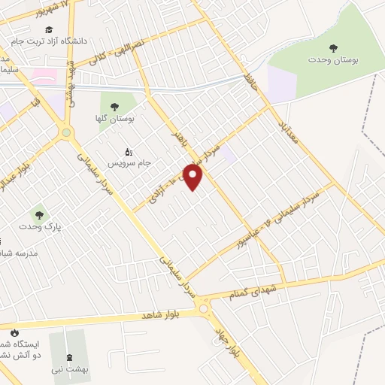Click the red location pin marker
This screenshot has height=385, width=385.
click(193, 177)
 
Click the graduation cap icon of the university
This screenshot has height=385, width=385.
click(49, 29)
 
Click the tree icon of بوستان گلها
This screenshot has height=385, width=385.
click(114, 108)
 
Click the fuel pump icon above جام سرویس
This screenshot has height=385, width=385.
click(129, 153)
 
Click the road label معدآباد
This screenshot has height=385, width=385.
click(288, 124)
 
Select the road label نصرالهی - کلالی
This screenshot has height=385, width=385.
click(117, 52)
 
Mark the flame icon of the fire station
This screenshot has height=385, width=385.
click(14, 332)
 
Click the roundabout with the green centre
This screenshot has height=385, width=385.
click(67, 133)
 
